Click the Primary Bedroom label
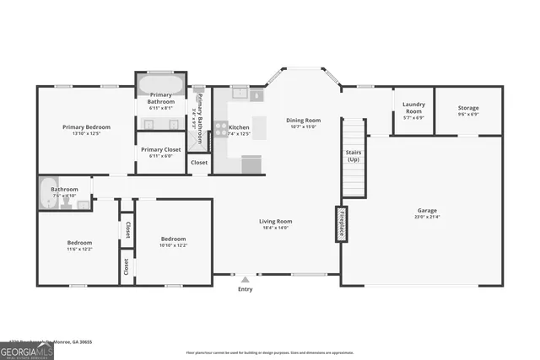click(86, 127)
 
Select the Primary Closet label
click(160, 150)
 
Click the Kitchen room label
click(239, 127)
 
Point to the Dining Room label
click(304, 121)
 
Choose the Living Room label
click(275, 222)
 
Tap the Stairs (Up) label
click(354, 156)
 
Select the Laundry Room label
click(413, 108)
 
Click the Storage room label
click(468, 108)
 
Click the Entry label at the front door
click(245, 289)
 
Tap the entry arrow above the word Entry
click(245, 279)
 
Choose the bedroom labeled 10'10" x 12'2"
click(173, 242)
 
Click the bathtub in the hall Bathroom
click(48, 194)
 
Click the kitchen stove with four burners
click(220, 129)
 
